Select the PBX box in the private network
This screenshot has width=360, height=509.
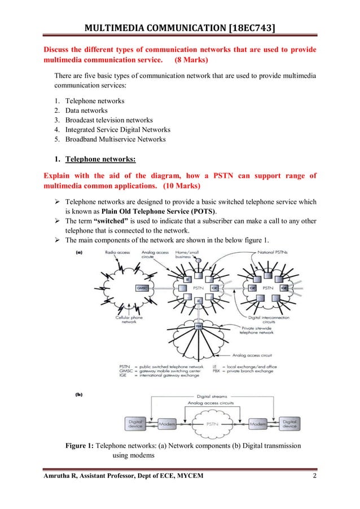[199, 326]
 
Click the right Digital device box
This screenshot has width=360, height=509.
[289, 423]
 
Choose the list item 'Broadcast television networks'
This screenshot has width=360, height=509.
[109, 120]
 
